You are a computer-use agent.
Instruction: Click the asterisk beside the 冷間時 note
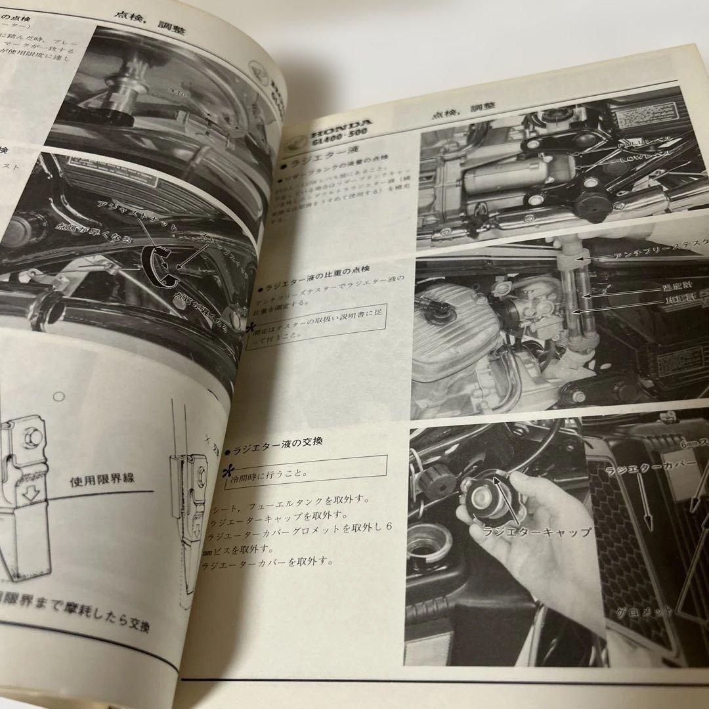click(x=229, y=471)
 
